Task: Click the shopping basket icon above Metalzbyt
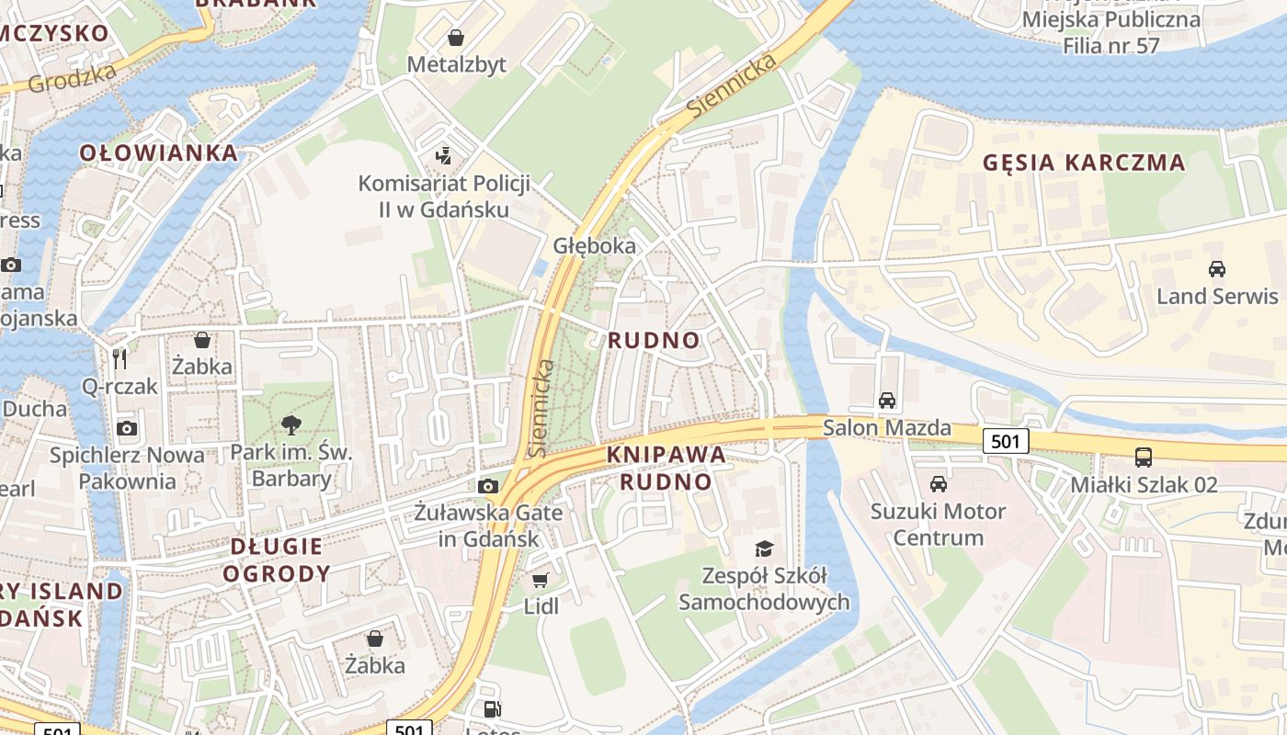point(455,38)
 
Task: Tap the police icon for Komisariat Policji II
point(444,156)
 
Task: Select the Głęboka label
point(594,246)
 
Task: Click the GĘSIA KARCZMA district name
point(1084,163)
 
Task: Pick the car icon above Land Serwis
point(1217,269)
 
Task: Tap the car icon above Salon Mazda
point(886,401)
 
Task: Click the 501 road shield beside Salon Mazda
point(1006,442)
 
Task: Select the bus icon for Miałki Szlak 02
point(1144,458)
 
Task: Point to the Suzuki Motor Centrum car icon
point(938,484)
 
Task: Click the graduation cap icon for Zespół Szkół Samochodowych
point(764,549)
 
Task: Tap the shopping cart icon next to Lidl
point(541,580)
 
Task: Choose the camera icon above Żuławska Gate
point(488,486)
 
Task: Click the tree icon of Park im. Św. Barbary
point(291,424)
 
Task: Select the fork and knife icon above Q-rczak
point(120,358)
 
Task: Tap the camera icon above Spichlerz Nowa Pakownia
point(127,428)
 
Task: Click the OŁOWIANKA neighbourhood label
point(159,153)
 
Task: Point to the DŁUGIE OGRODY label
point(277,560)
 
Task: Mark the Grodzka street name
point(73,78)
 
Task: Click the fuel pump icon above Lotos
point(493,709)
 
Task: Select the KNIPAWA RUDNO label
point(666,469)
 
